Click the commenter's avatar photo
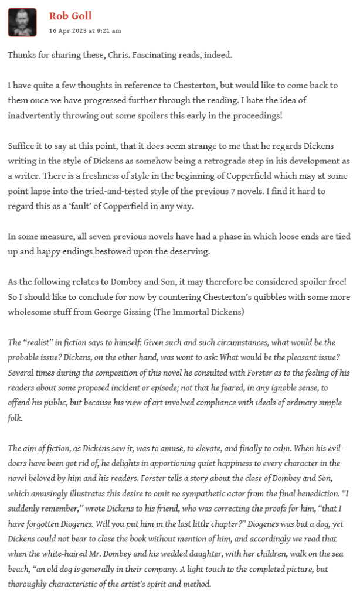(x=22, y=22)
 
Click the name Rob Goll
(x=70, y=16)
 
